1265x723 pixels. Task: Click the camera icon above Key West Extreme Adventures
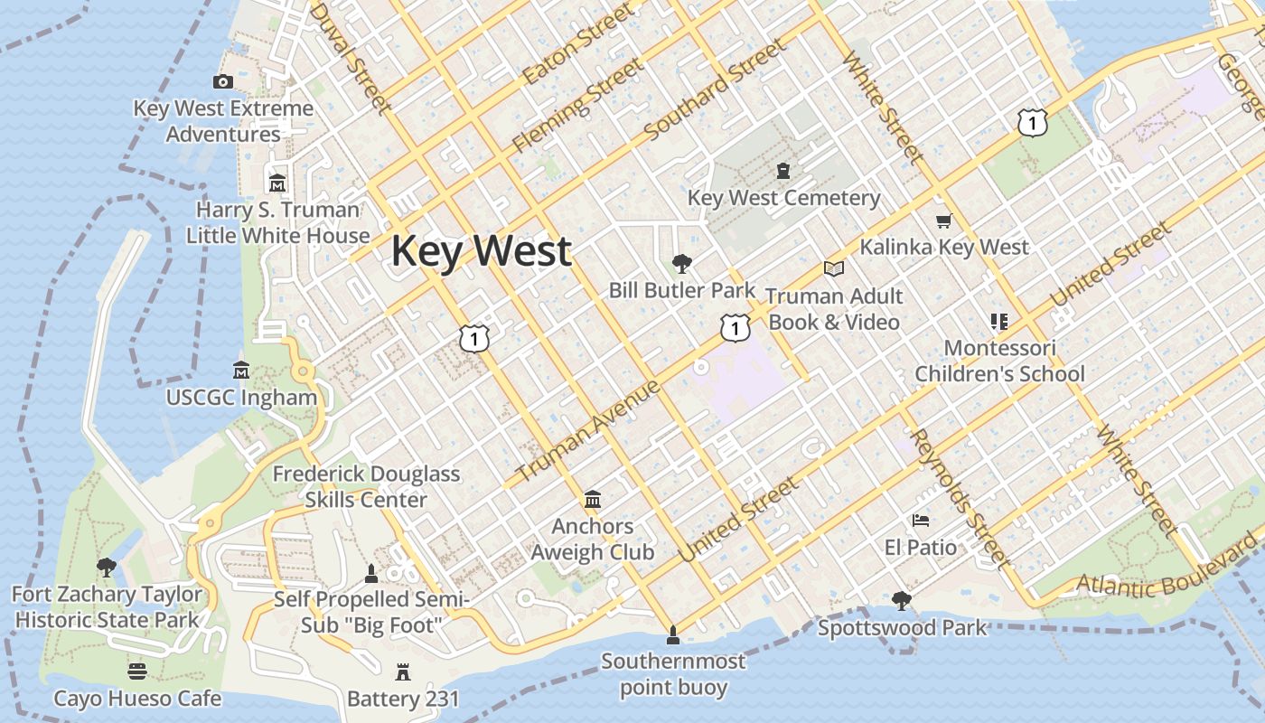click(222, 82)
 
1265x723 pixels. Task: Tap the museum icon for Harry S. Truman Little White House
click(277, 183)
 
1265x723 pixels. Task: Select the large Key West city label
click(482, 250)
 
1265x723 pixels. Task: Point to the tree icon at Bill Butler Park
click(682, 264)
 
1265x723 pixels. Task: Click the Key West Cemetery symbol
click(783, 170)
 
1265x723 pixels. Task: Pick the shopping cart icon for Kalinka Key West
click(944, 221)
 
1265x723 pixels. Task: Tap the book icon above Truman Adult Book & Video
click(833, 269)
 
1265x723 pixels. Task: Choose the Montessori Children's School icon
click(998, 321)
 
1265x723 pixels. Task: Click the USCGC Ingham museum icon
click(241, 371)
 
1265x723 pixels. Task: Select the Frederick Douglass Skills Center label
click(366, 486)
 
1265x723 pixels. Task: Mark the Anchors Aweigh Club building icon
click(593, 499)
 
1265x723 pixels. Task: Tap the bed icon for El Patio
click(921, 521)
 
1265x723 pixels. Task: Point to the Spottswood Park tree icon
click(901, 600)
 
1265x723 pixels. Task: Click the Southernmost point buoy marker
click(672, 635)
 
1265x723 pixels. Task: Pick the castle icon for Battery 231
click(403, 671)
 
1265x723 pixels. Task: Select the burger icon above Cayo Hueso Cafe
click(137, 671)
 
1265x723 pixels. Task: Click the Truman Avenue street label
click(588, 431)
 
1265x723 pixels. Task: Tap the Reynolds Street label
click(960, 498)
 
